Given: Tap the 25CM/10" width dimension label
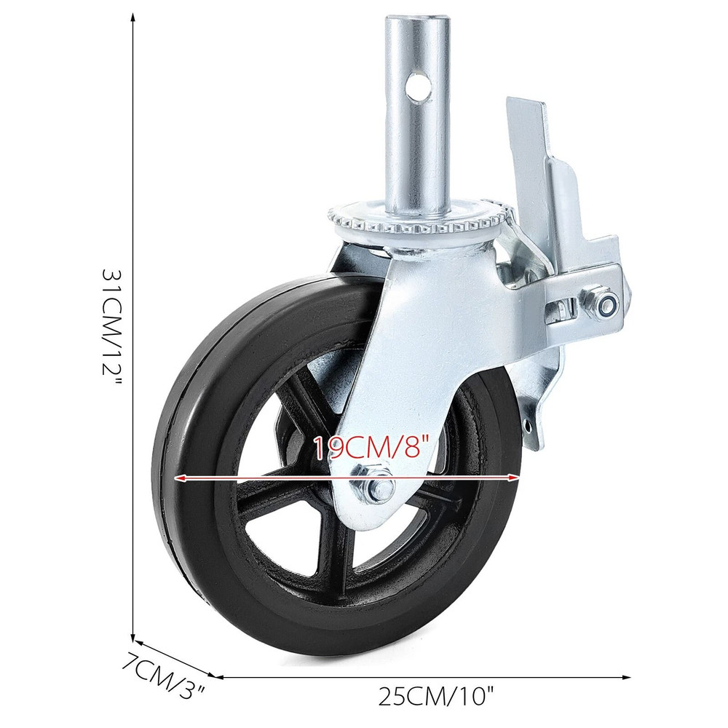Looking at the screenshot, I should pyautogui.click(x=435, y=697).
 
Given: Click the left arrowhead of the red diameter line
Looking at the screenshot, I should pyautogui.click(x=178, y=478).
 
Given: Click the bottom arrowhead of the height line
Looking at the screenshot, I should pyautogui.click(x=132, y=636).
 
